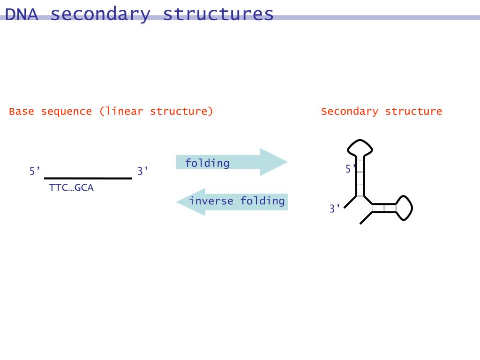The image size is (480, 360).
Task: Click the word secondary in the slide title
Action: [x=100, y=14]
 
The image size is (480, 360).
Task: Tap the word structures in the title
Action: [x=218, y=14]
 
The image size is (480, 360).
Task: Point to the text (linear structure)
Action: [x=156, y=112]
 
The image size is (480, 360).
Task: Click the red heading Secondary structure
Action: [x=381, y=112]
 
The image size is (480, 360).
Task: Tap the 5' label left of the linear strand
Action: [x=35, y=172]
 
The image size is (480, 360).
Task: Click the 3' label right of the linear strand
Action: [x=142, y=172]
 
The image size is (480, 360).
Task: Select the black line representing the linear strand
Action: [x=88, y=178]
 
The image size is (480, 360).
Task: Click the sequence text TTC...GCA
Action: [x=71, y=188]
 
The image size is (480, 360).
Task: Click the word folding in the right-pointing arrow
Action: [x=207, y=163]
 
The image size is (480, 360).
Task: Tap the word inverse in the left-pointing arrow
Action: [x=212, y=201]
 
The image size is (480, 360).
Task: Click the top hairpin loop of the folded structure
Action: [x=360, y=148]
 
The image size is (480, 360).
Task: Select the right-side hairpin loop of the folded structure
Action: [x=404, y=207]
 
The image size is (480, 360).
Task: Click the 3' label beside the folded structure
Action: [x=334, y=209]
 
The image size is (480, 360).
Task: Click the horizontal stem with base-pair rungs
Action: [x=384, y=208]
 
